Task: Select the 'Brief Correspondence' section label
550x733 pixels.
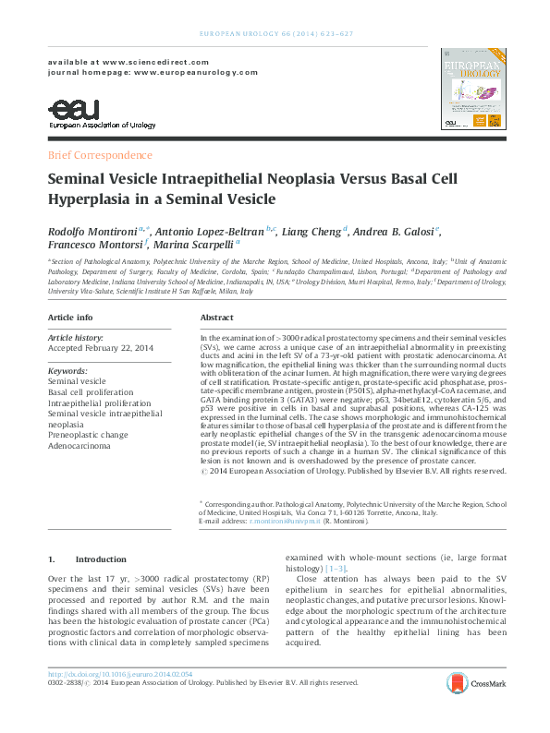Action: point(100,155)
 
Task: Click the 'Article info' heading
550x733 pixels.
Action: point(70,317)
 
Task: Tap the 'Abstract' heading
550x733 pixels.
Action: point(216,317)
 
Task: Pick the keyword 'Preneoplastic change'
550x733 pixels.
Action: point(91,435)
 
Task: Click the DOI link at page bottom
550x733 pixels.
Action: point(120,674)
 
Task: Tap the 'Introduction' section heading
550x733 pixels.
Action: point(101,559)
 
